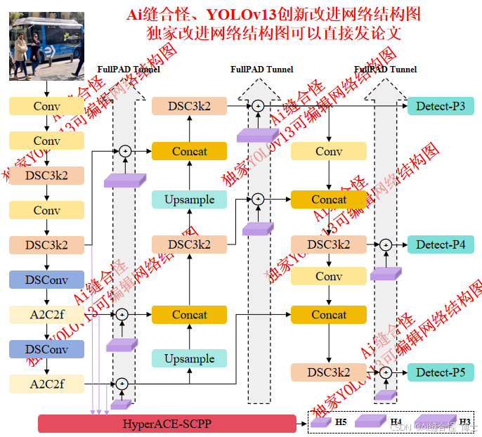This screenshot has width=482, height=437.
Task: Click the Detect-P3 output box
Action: [x=441, y=106]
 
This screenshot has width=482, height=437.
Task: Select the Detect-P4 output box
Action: [x=441, y=244]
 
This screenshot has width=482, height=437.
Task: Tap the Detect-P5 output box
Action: [x=441, y=372]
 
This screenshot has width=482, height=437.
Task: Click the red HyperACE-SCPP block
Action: [x=167, y=424]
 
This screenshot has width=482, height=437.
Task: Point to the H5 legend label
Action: [x=341, y=422]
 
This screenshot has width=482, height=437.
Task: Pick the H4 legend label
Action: [x=396, y=422]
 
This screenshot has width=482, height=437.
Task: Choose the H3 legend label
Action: [x=464, y=422]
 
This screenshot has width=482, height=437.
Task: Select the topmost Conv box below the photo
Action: [x=46, y=106]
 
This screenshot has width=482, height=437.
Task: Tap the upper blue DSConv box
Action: [x=46, y=280]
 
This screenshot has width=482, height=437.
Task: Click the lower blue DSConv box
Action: [x=46, y=349]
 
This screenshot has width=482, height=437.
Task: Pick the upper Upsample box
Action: [x=190, y=200]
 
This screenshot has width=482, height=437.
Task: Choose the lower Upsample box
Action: [x=190, y=358]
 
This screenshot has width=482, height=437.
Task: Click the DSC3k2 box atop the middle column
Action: [x=190, y=106]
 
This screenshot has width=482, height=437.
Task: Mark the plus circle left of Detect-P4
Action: [x=385, y=244]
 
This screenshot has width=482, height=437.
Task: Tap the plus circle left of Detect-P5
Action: [x=385, y=372]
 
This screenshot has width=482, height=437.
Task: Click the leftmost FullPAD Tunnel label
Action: [x=129, y=69]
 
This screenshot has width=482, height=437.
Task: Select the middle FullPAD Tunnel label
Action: [x=262, y=69]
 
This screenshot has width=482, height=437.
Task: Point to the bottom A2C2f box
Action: [x=46, y=384]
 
